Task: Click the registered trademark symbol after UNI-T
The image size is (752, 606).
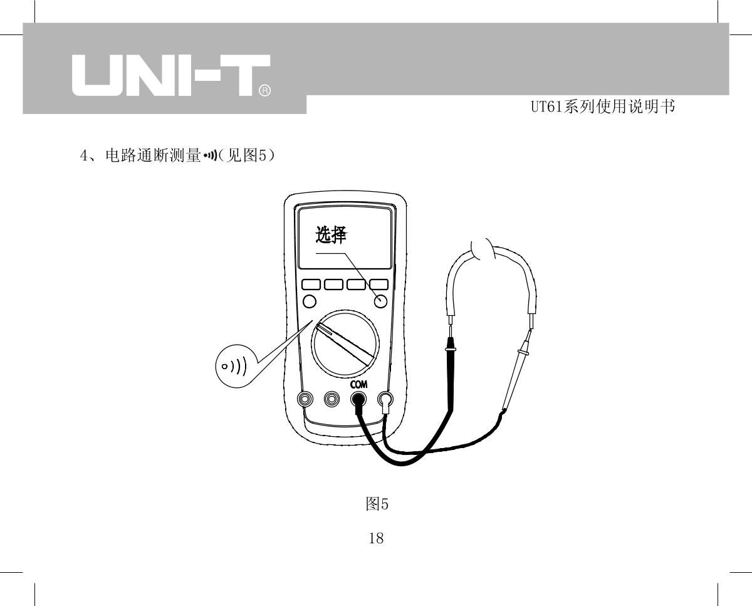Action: [x=264, y=91]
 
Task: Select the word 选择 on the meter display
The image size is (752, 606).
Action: [x=332, y=235]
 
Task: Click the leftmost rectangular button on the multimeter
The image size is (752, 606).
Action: [x=311, y=285]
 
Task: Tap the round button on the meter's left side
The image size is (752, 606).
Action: [x=309, y=302]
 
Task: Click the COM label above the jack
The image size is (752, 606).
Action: [x=358, y=385]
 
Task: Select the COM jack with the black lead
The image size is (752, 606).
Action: [x=358, y=399]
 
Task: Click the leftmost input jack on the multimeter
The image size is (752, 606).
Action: [x=305, y=399]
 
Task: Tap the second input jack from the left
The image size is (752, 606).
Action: [x=332, y=399]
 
